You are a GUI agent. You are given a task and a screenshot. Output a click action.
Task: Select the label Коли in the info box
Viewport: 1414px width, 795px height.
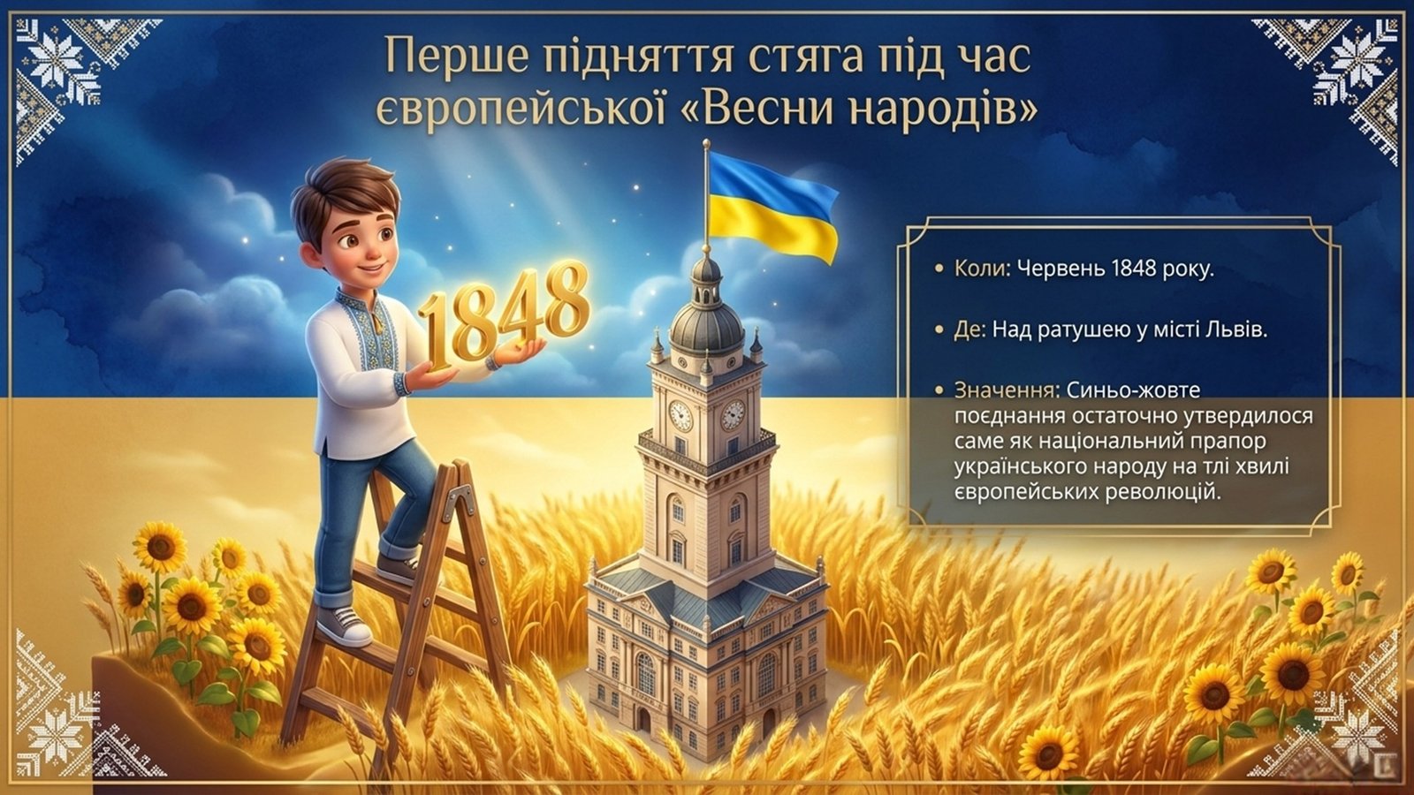click(977, 269)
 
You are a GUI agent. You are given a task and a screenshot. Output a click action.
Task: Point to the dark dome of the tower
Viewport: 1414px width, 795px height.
click(707, 322)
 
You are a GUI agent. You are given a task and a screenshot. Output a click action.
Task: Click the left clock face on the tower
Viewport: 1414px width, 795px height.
click(680, 415)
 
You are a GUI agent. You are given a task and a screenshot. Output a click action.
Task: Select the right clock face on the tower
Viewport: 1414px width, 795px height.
click(733, 414)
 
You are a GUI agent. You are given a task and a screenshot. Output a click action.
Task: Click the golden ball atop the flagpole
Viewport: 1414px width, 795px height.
click(706, 145)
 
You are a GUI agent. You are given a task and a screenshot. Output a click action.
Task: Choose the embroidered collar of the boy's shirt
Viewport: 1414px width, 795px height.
click(363, 315)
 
